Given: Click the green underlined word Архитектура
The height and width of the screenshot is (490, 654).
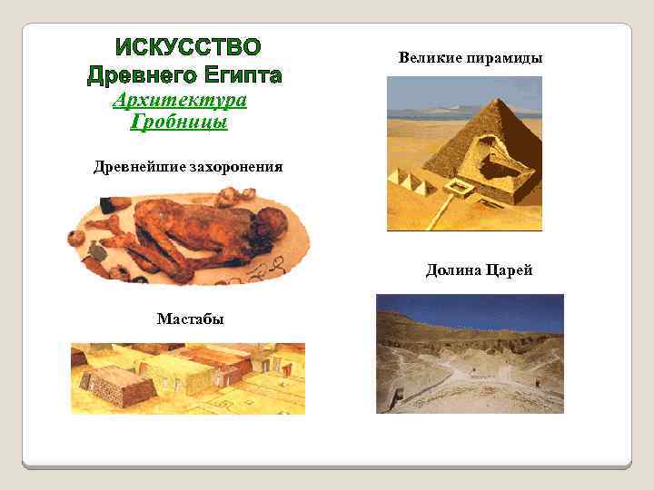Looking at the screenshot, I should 180,99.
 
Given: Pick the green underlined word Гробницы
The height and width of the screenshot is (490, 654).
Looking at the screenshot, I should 179,122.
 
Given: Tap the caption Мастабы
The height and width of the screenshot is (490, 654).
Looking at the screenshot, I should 190,318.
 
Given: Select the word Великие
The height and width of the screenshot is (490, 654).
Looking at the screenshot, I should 431,58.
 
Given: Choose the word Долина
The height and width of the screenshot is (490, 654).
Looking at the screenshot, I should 453,270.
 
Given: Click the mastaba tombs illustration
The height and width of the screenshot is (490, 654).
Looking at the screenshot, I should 188,377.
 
